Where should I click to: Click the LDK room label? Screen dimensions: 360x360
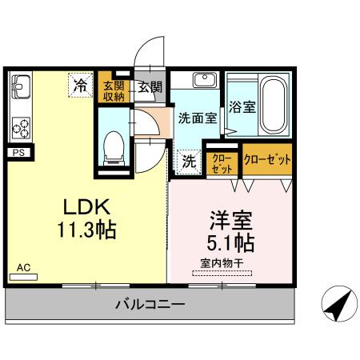84,206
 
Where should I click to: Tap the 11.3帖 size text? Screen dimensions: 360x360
86,231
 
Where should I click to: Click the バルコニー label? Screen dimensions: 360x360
150,305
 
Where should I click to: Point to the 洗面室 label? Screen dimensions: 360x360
197,118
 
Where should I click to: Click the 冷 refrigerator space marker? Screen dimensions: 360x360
81,85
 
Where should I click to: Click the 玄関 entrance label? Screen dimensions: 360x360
149,87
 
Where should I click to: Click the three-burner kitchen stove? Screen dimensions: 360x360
19,126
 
